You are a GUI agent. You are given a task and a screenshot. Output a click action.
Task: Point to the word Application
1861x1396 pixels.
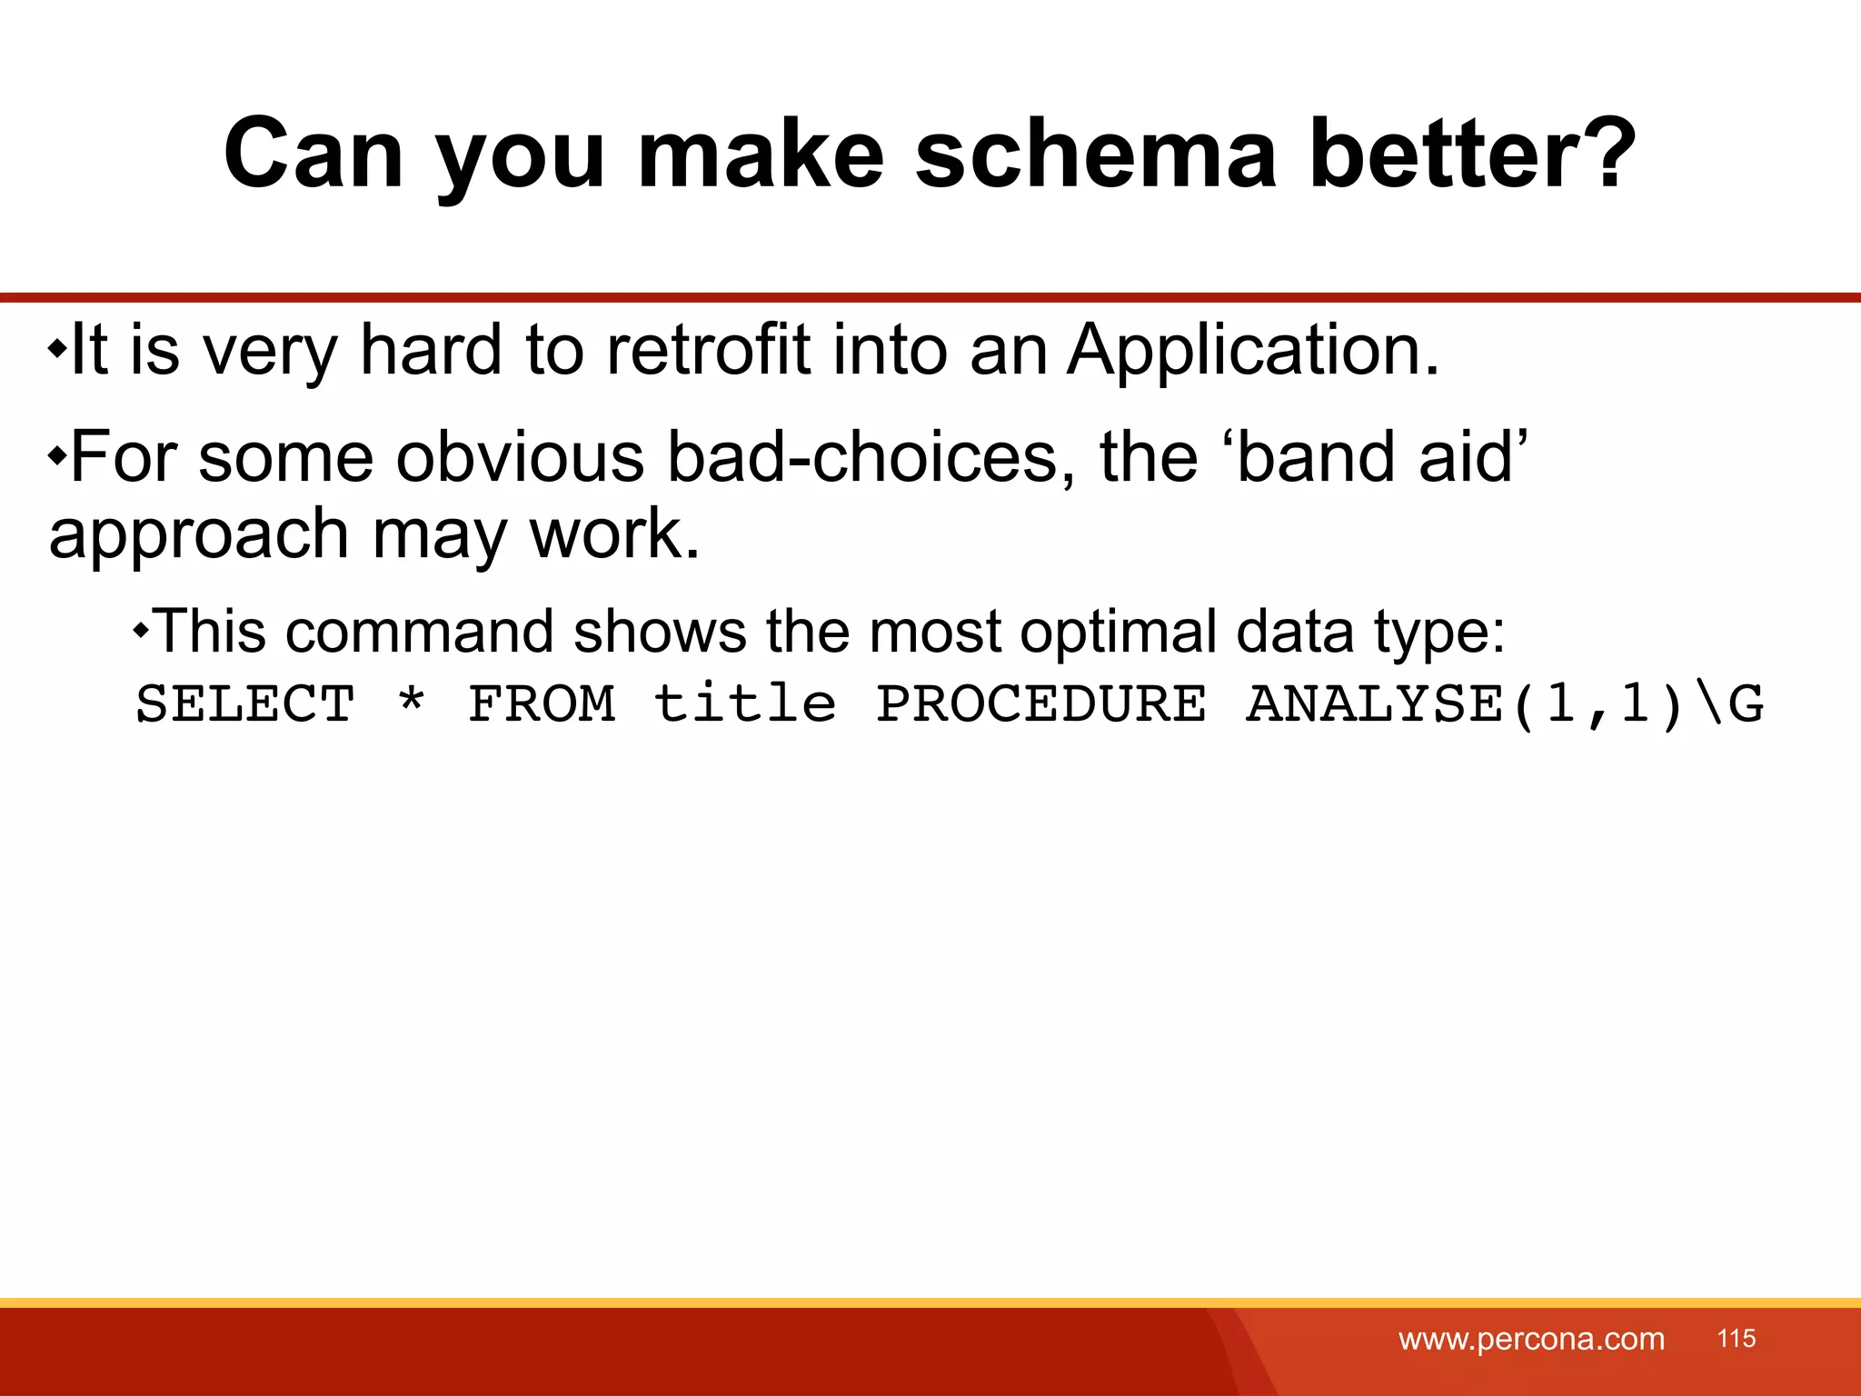click(x=1251, y=352)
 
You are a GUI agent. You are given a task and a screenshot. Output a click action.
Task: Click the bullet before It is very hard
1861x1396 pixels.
click(x=57, y=348)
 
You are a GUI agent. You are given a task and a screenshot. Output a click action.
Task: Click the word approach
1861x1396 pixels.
click(x=199, y=535)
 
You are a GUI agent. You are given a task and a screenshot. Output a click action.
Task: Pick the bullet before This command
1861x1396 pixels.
click(x=140, y=629)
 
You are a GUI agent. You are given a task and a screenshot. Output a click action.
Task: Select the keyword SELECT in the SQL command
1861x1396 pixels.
click(x=245, y=704)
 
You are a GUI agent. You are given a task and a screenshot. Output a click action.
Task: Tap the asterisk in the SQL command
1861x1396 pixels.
click(x=412, y=702)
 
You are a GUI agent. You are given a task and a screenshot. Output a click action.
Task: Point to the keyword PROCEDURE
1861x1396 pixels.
click(x=1041, y=704)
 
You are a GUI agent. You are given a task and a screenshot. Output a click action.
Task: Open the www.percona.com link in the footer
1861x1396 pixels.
click(x=1531, y=1339)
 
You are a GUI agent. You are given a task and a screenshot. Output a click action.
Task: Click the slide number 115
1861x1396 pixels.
click(x=1737, y=1338)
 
